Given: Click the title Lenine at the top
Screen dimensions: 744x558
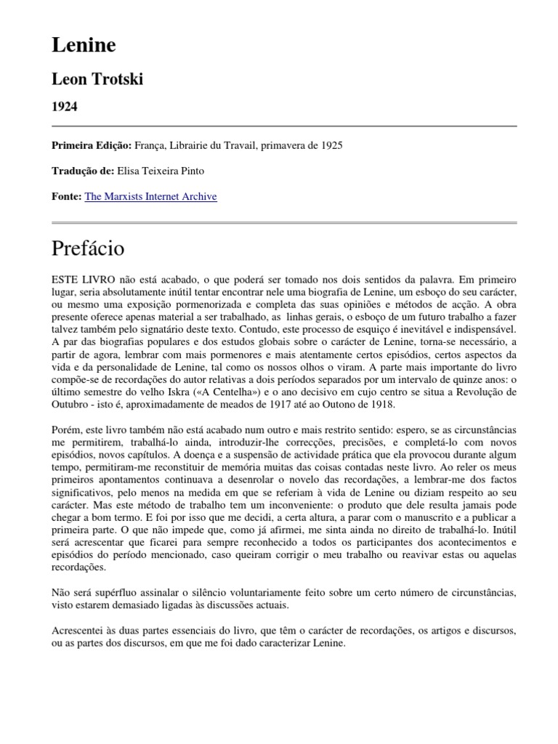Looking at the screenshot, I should click(x=84, y=46).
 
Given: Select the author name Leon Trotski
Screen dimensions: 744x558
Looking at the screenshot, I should click(x=97, y=79).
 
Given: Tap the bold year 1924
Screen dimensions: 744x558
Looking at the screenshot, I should click(x=65, y=106).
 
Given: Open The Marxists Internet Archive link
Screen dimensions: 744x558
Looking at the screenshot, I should click(x=150, y=196).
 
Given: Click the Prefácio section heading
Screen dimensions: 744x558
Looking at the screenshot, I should click(x=88, y=248).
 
